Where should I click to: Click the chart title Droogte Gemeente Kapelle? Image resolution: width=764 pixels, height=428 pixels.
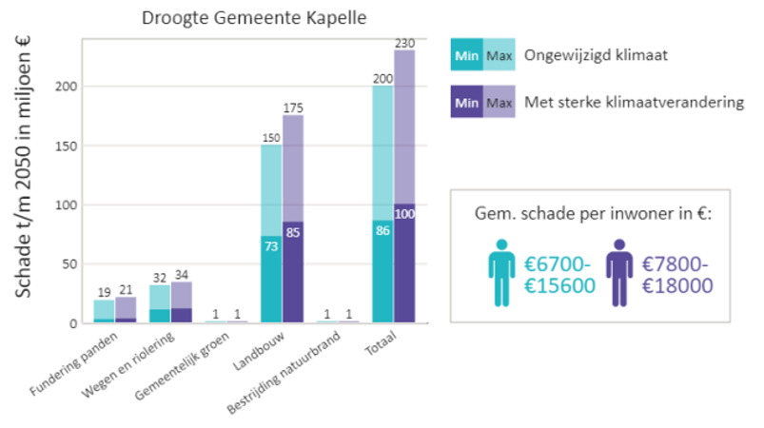[253, 18]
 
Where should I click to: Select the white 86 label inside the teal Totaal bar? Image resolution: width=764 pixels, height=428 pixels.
[382, 229]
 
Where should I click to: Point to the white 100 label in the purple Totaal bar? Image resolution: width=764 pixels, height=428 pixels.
[404, 213]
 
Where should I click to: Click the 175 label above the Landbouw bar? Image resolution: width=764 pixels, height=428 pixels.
[292, 107]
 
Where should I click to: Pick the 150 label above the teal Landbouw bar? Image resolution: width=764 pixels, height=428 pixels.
[270, 137]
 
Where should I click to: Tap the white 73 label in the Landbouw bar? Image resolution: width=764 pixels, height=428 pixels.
[270, 245]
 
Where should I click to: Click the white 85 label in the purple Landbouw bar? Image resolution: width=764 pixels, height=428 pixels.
[293, 231]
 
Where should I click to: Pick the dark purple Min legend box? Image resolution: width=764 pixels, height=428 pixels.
[467, 102]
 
